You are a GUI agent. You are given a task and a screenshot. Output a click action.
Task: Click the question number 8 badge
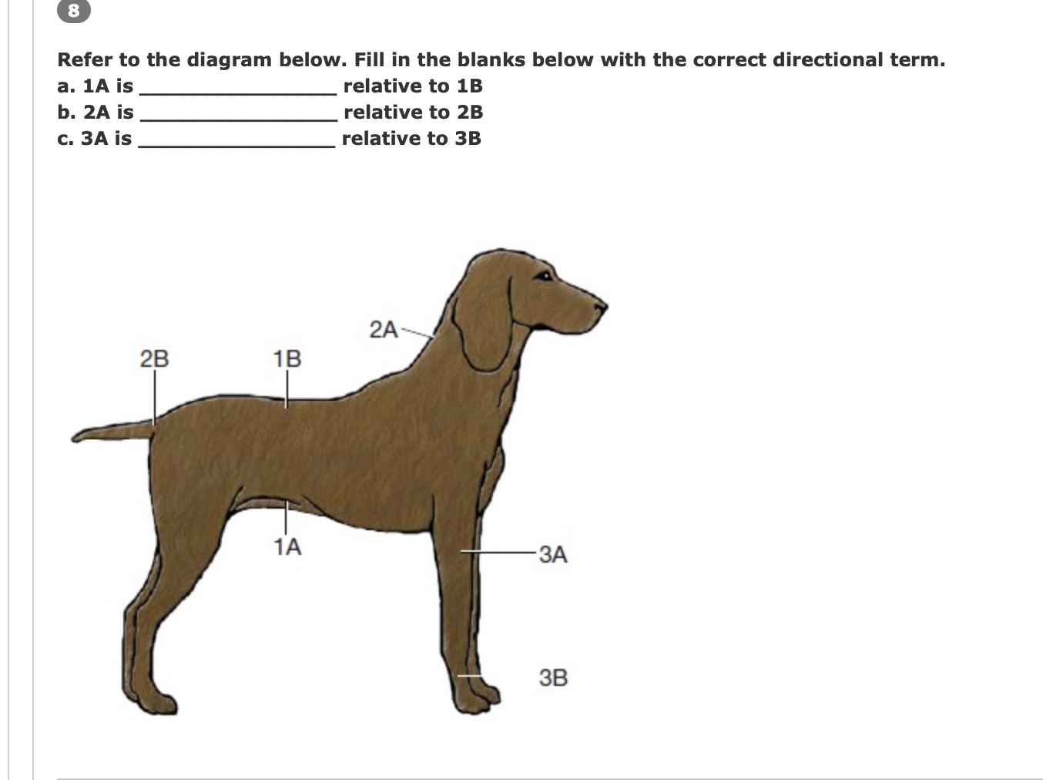pyautogui.click(x=74, y=10)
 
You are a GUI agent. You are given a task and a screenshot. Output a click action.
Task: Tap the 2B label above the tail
pyautogui.click(x=154, y=358)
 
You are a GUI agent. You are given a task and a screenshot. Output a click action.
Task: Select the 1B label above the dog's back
pyautogui.click(x=287, y=358)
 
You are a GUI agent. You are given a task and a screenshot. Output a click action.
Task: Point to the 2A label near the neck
pyautogui.click(x=383, y=330)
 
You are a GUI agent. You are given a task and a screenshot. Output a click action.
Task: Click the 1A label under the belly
pyautogui.click(x=287, y=547)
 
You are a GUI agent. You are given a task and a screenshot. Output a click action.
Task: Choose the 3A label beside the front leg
pyautogui.click(x=553, y=554)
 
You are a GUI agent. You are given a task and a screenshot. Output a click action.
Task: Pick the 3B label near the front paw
pyautogui.click(x=553, y=678)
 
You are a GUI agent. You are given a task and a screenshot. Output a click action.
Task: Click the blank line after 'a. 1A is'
pyautogui.click(x=237, y=86)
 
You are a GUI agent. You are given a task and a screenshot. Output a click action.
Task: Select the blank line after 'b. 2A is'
pyautogui.click(x=237, y=113)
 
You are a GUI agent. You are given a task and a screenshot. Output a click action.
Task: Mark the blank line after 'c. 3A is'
pyautogui.click(x=236, y=139)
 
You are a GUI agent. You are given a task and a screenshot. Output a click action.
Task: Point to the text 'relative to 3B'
pyautogui.click(x=411, y=139)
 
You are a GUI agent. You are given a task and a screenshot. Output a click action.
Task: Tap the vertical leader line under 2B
pyautogui.click(x=153, y=397)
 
